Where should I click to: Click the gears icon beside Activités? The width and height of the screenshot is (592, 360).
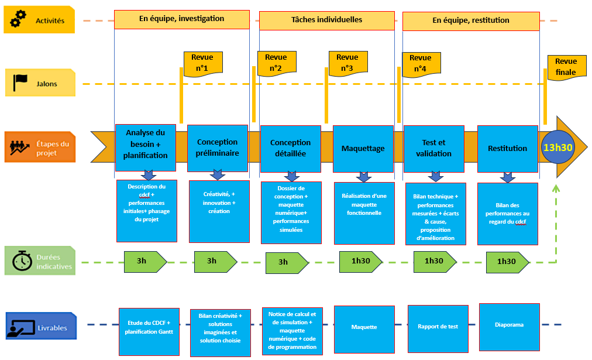pos(19,20)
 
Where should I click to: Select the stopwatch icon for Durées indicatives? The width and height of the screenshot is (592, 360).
pos(22,260)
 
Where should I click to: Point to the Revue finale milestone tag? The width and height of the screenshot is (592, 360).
pos(566,67)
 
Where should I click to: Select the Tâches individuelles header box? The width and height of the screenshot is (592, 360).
pos(326,20)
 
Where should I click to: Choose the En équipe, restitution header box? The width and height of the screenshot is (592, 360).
pos(471,20)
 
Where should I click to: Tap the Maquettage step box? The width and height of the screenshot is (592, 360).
pos(363,148)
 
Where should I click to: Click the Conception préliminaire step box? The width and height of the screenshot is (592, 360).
pos(217,147)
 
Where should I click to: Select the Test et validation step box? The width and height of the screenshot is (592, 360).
pos(433,148)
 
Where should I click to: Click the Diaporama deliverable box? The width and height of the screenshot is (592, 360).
pos(509,325)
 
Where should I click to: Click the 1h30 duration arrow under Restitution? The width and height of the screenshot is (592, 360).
pos(506,261)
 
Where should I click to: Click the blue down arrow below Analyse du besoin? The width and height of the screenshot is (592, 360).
pos(148,175)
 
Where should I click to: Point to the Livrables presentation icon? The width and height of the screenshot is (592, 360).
pos(20,327)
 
